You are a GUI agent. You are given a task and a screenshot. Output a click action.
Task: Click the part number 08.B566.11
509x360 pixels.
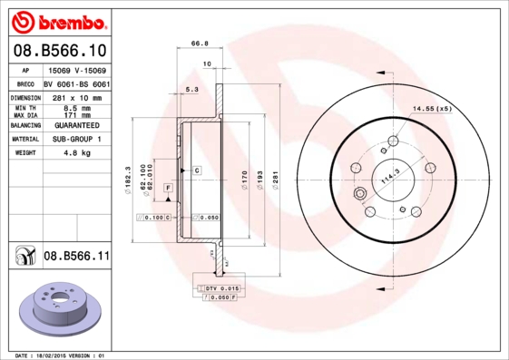tap(76, 258)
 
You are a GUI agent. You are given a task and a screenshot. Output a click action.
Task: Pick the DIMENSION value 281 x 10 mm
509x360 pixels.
tap(76, 97)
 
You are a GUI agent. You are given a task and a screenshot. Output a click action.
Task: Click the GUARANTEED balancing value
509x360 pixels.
tap(76, 125)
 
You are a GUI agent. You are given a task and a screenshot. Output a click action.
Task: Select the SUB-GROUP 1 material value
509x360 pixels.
tap(76, 139)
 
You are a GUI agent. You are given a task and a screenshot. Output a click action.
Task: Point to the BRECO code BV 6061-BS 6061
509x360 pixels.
tap(76, 83)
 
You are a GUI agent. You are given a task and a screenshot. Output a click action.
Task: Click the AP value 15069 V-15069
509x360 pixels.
tap(76, 70)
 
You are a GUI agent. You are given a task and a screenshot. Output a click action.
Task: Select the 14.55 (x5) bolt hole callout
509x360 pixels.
tap(432, 109)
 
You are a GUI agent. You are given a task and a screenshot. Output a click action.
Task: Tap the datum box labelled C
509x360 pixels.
tap(195, 170)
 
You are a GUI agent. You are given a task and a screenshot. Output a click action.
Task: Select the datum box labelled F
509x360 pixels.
tap(168, 188)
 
